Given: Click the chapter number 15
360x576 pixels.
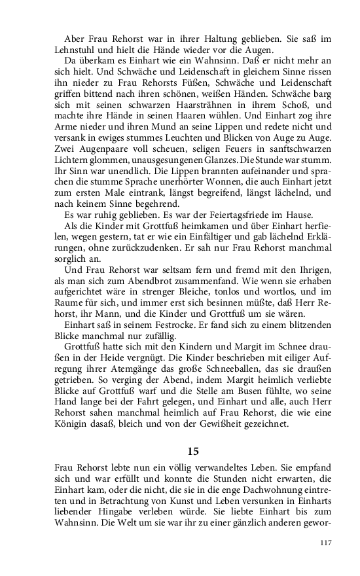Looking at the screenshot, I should [x=192, y=451].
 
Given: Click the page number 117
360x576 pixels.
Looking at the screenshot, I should [x=325, y=543].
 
